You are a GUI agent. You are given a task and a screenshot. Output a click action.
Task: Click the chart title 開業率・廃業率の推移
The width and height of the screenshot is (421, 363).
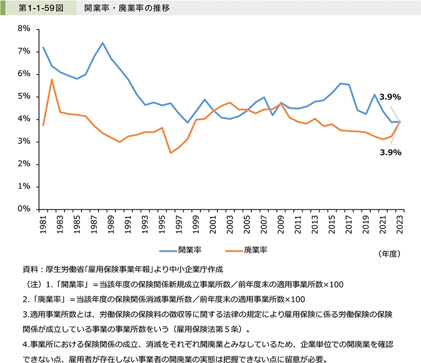(x=121, y=8)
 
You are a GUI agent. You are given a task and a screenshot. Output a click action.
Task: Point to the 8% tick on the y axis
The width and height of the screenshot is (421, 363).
(x=24, y=29)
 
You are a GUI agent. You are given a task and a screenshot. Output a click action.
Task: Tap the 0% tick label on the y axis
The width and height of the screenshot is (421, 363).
(x=24, y=209)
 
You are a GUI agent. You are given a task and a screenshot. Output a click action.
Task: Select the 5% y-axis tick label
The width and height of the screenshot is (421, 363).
(x=24, y=97)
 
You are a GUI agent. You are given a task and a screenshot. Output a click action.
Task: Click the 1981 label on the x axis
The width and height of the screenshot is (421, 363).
(x=43, y=224)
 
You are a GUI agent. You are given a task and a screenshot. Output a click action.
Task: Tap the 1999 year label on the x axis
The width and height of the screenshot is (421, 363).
(x=196, y=224)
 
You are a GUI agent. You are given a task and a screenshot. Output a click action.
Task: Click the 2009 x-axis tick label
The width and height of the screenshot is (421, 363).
(x=280, y=224)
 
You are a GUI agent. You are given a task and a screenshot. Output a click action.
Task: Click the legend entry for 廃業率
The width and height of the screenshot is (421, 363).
(x=255, y=250)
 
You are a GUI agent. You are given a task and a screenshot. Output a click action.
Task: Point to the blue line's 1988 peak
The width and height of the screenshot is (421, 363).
(x=103, y=42)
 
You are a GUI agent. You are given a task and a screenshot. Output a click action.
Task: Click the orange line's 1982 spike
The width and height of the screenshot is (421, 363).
(x=52, y=79)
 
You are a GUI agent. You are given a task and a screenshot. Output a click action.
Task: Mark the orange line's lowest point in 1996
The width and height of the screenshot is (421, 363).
(x=170, y=153)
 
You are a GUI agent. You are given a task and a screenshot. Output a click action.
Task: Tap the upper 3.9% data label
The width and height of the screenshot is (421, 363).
(x=389, y=97)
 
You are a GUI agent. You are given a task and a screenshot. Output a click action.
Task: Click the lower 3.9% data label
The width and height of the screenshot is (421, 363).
(x=389, y=152)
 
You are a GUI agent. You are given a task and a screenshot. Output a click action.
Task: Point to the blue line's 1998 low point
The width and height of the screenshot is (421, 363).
(x=187, y=122)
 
